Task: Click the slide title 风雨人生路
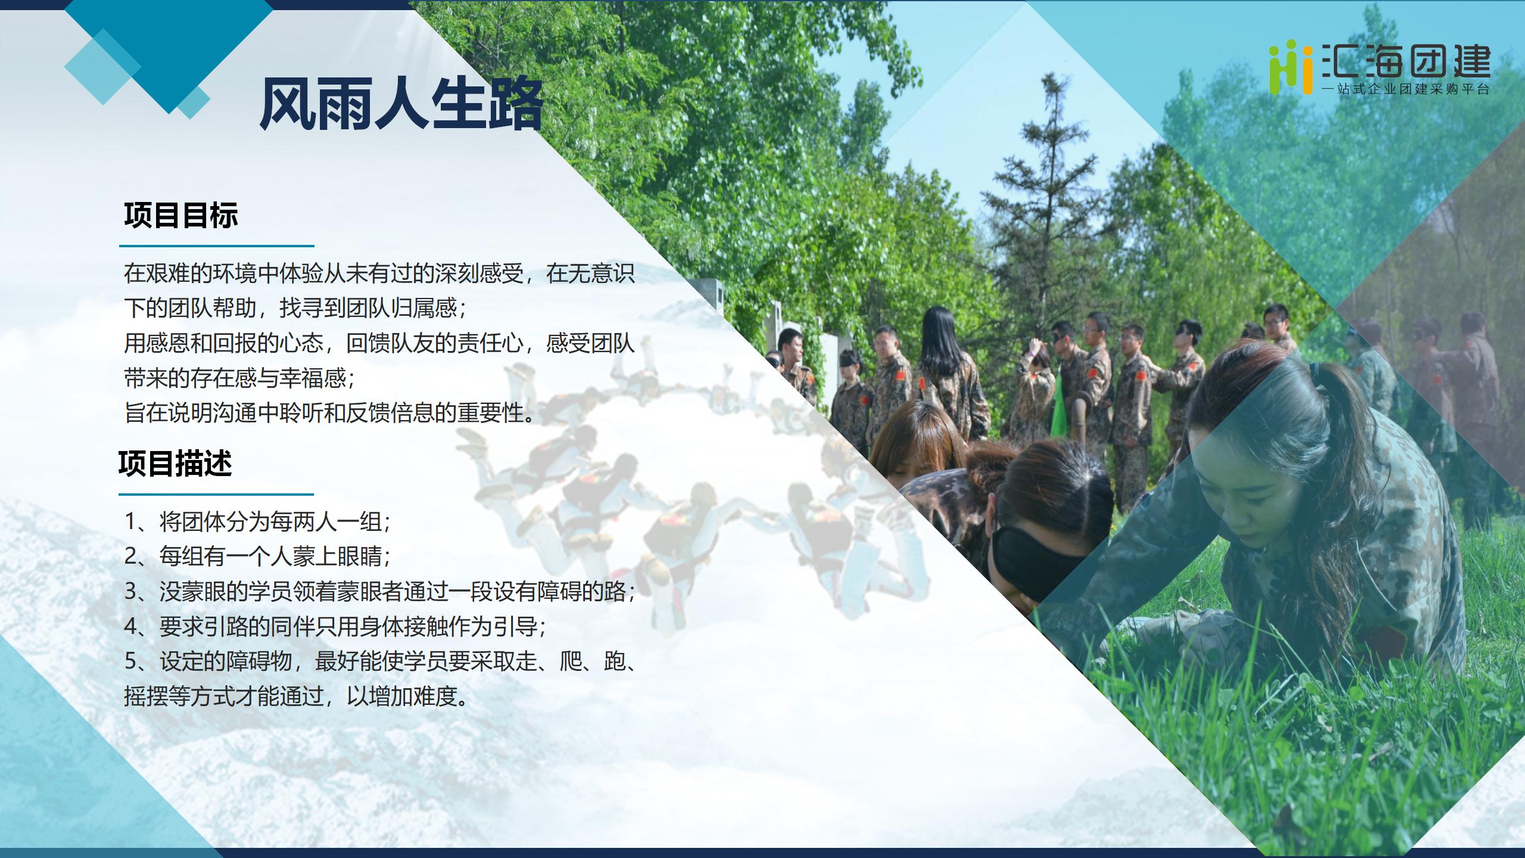[x=402, y=106]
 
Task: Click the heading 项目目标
[x=181, y=215]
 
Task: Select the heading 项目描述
[x=175, y=464]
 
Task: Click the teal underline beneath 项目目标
[x=217, y=245]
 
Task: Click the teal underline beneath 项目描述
[x=216, y=494]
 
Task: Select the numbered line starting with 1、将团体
[x=257, y=522]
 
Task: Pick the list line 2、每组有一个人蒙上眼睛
[x=257, y=557]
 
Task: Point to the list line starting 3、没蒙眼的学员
[x=380, y=592]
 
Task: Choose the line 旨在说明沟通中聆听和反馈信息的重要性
[x=329, y=412]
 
